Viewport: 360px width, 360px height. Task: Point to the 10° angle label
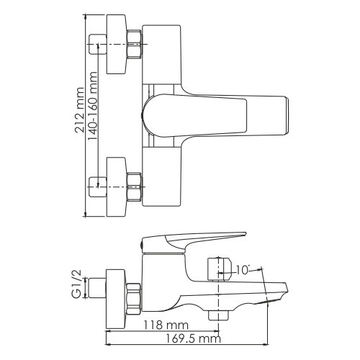[x=243, y=271]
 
